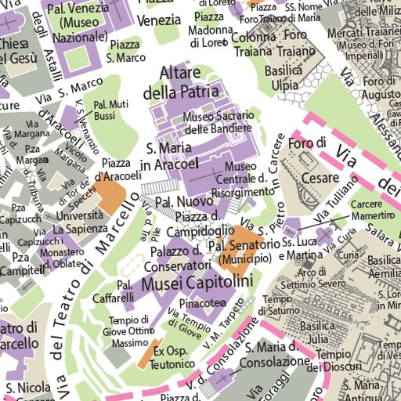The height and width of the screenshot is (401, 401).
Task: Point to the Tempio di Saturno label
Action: pos(276,306)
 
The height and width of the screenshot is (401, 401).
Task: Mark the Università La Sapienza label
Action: pos(80,222)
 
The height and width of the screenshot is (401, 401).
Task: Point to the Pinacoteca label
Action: pos(202,302)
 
